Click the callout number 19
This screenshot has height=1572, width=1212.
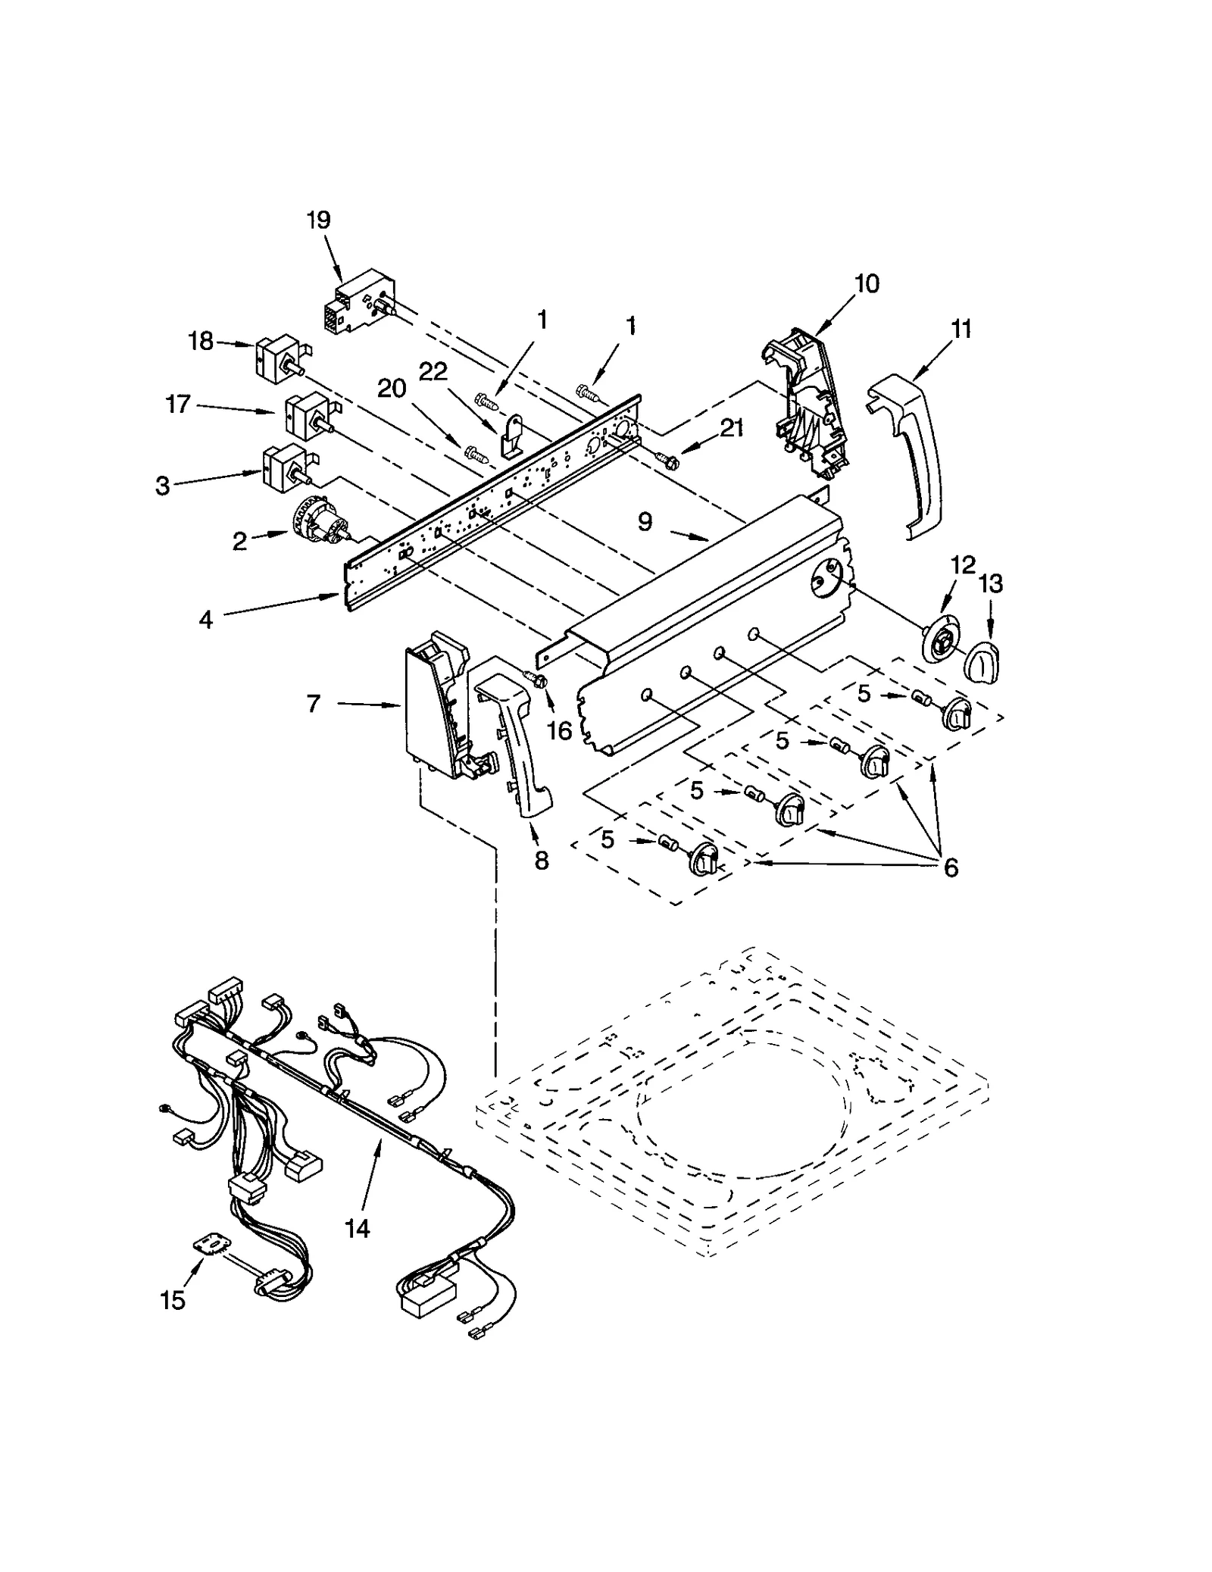tap(318, 220)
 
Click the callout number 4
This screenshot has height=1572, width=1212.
tap(206, 620)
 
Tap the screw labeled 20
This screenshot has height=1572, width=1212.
tap(476, 454)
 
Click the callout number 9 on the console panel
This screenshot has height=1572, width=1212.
tap(645, 522)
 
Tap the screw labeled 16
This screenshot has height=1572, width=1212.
tap(537, 680)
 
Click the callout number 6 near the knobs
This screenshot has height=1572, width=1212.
tap(951, 867)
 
